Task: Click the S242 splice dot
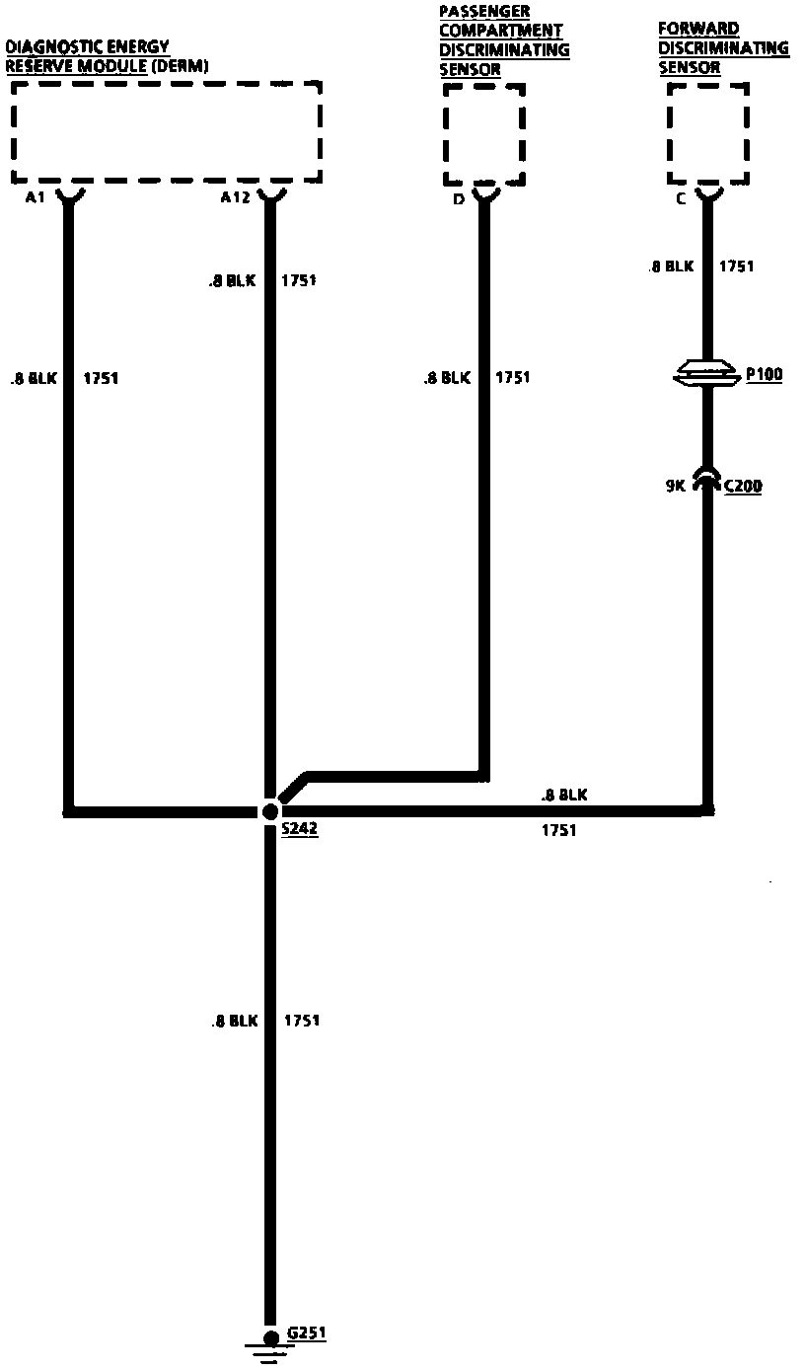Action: [x=269, y=811]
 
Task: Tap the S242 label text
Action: [x=299, y=830]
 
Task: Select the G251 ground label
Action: [x=306, y=1333]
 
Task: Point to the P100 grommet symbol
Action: [x=706, y=373]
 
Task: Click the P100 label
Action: [x=764, y=374]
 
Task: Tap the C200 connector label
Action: [x=743, y=486]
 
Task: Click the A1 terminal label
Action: [x=36, y=197]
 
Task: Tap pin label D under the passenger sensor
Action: [x=458, y=199]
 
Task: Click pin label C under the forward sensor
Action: [x=681, y=197]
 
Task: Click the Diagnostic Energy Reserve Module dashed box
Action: [x=166, y=132]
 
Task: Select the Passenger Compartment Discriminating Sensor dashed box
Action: [x=483, y=134]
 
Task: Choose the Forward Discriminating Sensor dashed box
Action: [x=707, y=133]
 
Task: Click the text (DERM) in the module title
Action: [x=181, y=66]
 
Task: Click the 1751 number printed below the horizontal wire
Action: [x=558, y=831]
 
